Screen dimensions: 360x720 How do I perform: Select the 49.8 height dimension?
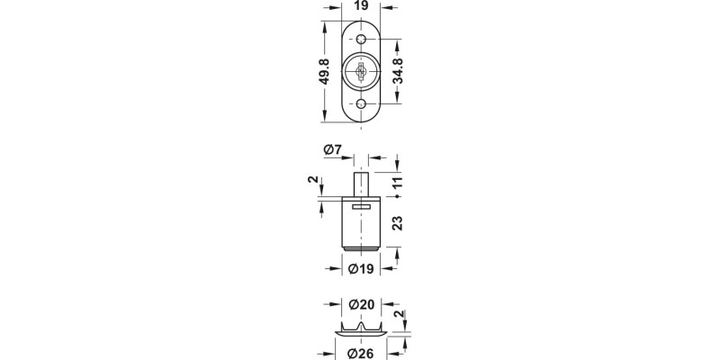322,71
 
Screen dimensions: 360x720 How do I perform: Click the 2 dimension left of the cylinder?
314,184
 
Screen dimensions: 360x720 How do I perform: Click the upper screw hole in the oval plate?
361,40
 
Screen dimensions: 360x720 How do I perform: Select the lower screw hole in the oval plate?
361,105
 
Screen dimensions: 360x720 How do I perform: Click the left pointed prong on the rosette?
347,322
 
